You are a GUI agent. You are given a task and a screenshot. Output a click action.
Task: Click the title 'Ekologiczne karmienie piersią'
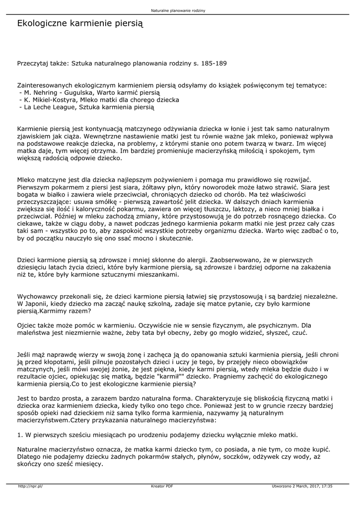pos(80,23)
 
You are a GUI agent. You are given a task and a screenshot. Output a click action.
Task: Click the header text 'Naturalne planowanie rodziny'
pos(180,10)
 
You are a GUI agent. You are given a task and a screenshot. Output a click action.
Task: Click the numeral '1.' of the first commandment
pos(20,435)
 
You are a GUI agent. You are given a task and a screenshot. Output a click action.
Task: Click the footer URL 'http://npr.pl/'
pos(30,486)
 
